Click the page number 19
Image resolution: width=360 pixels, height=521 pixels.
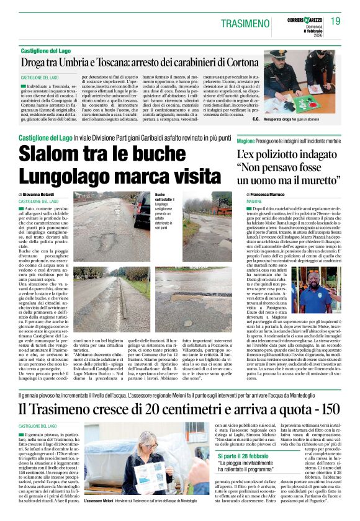pyautogui.click(x=335, y=21)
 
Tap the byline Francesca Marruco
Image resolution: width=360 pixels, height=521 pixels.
pyautogui.click(x=270, y=195)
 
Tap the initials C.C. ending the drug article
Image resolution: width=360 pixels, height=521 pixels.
pyautogui.click(x=256, y=117)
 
